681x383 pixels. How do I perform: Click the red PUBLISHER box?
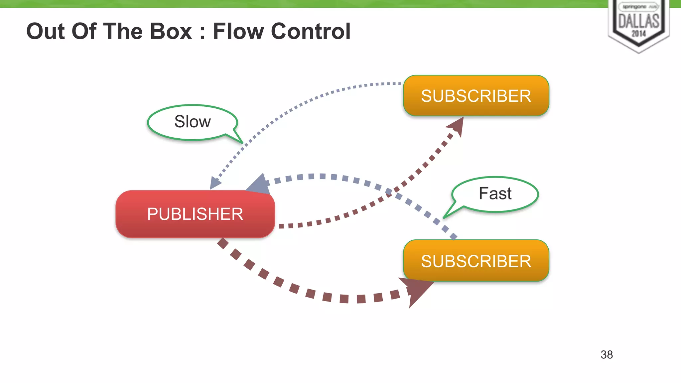(195, 214)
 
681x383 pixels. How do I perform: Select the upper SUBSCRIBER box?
(476, 96)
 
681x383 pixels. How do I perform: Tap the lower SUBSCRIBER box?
(476, 261)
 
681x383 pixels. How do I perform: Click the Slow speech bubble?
(192, 122)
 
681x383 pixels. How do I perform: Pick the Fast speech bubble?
(495, 193)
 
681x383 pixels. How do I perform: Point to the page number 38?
(607, 354)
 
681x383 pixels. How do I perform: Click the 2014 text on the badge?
(638, 33)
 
